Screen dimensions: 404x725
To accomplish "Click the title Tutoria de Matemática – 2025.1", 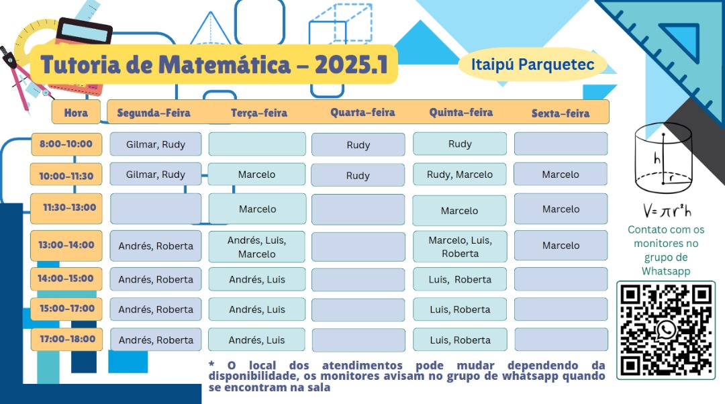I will pos(214,65).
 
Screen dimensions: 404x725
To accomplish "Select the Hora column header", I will pos(76,113).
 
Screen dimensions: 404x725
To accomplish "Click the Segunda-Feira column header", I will pos(154,113).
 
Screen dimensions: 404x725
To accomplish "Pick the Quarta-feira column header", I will pos(362,112).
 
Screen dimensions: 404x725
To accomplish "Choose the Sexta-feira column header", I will pos(560,113).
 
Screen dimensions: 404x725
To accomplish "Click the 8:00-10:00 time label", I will pos(66,144).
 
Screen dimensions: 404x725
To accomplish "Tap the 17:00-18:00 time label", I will pos(66,339).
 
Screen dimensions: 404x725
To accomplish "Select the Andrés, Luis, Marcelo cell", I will pos(256,247).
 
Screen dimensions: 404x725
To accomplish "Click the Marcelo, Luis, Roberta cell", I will pos(460,247).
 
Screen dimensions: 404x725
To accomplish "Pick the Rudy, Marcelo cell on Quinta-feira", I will pos(460,174).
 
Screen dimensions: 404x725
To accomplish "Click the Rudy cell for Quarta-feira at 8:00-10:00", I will pos(358,145).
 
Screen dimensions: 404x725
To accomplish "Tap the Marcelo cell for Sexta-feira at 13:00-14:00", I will pos(561,246).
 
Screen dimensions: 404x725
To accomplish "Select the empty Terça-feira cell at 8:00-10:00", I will pos(257,144).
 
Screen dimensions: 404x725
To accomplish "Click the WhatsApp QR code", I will pos(666,329).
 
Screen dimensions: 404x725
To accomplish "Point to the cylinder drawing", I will pos(663,158).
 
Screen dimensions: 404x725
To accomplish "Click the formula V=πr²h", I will pos(666,211).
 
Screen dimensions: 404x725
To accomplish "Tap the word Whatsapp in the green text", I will pos(666,271).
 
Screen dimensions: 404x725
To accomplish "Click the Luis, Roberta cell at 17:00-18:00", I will pos(460,340).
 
